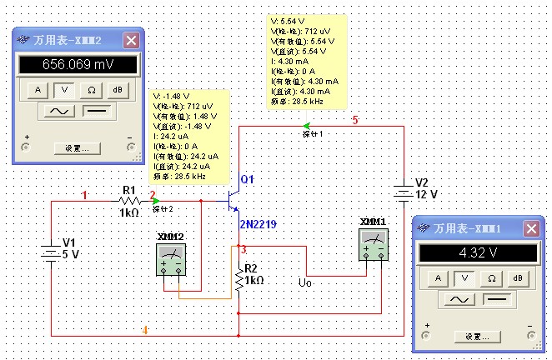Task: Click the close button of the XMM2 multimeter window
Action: pos(131,40)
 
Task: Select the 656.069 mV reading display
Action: pos(77,64)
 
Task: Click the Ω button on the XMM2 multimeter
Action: pos(90,89)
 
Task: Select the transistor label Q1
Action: pos(247,180)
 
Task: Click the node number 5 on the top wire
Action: pos(354,121)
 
